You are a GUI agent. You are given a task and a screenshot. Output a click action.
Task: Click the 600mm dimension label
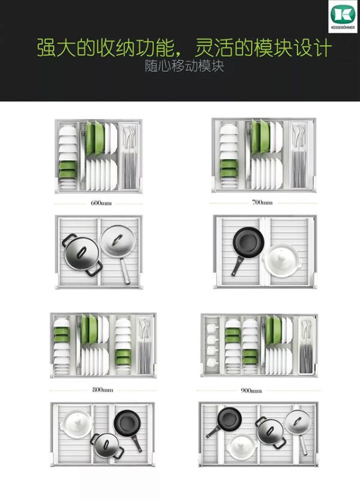pyautogui.click(x=101, y=203)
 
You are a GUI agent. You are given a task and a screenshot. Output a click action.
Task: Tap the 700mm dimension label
pyautogui.click(x=262, y=202)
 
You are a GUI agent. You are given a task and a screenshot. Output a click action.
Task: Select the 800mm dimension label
pyautogui.click(x=103, y=389)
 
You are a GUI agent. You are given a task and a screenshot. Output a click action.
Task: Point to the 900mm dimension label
pyautogui.click(x=251, y=390)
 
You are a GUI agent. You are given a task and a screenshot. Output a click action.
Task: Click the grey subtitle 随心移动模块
pyautogui.click(x=184, y=66)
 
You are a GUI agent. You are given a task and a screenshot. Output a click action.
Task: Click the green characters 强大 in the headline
pyautogui.click(x=56, y=49)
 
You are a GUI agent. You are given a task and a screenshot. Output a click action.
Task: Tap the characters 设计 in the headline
pyautogui.click(x=312, y=48)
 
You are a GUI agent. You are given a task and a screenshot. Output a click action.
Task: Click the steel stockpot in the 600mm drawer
pyautogui.click(x=82, y=254)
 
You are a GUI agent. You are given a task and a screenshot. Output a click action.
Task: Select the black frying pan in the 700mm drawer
pyautogui.click(x=247, y=247)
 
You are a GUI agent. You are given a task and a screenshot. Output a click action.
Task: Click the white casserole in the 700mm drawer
pyautogui.click(x=281, y=260)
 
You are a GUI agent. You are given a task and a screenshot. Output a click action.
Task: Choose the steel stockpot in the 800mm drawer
pyautogui.click(x=107, y=446)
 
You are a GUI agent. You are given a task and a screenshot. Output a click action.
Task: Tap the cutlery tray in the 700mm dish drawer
pyautogui.click(x=299, y=155)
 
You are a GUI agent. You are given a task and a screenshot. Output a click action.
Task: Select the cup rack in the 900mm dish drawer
pyautogui.click(x=212, y=345)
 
